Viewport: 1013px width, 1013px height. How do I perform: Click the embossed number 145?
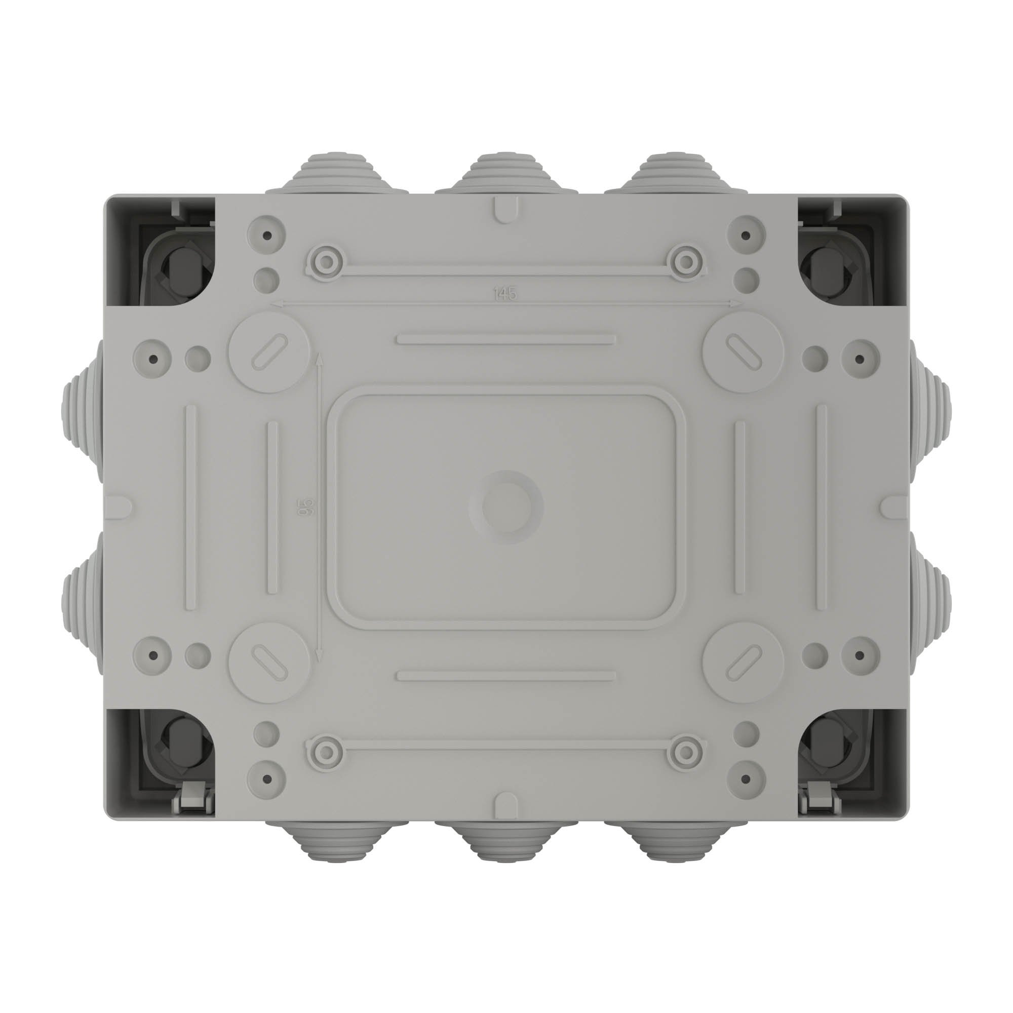(505, 294)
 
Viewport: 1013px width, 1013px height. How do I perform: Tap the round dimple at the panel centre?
(505, 506)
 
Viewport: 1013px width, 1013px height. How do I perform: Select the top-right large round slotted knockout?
(743, 352)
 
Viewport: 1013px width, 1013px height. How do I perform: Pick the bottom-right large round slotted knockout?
(743, 661)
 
